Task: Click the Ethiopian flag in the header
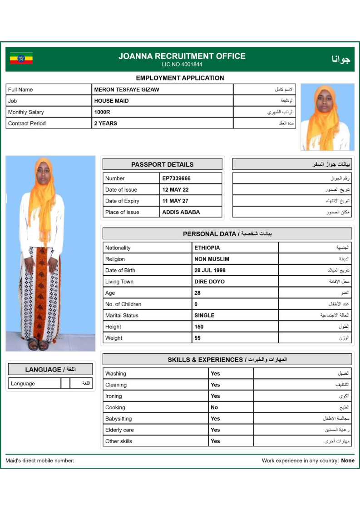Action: (21, 58)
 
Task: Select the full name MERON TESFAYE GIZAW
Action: (127, 89)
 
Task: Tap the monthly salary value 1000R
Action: (102, 112)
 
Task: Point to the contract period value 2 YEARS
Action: (105, 123)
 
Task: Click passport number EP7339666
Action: (176, 178)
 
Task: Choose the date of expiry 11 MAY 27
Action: (175, 201)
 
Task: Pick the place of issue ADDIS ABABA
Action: (181, 212)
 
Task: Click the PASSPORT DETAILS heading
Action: (162, 164)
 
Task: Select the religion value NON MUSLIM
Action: (212, 259)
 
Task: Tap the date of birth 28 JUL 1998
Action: (210, 270)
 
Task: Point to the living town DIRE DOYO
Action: (209, 282)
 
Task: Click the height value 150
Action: (199, 327)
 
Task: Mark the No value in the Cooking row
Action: (214, 407)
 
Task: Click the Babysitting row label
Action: (118, 419)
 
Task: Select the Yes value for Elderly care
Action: (215, 430)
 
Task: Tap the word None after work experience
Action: (348, 460)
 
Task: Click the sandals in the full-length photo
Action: (38, 344)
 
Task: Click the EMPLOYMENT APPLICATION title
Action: (180, 78)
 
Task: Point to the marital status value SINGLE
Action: (204, 315)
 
